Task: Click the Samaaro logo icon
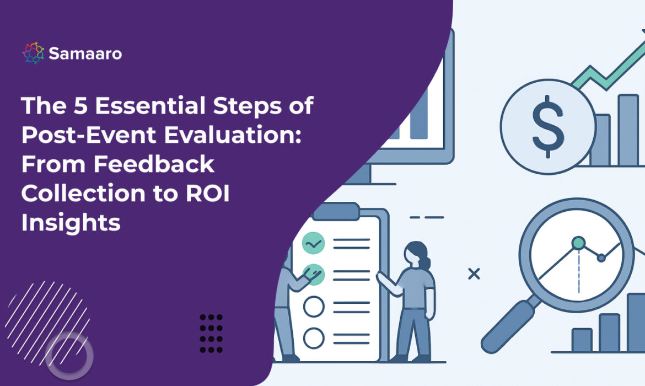[x=33, y=53]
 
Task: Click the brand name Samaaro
[x=85, y=53]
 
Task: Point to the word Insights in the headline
[x=71, y=223]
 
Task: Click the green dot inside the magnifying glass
[x=578, y=243]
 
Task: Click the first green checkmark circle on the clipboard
[x=314, y=243]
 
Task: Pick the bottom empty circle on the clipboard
[x=314, y=336]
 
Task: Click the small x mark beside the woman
[x=473, y=273]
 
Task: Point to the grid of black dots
[x=211, y=333]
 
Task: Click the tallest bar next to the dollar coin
[x=627, y=130]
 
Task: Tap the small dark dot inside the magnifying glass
[x=601, y=258]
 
